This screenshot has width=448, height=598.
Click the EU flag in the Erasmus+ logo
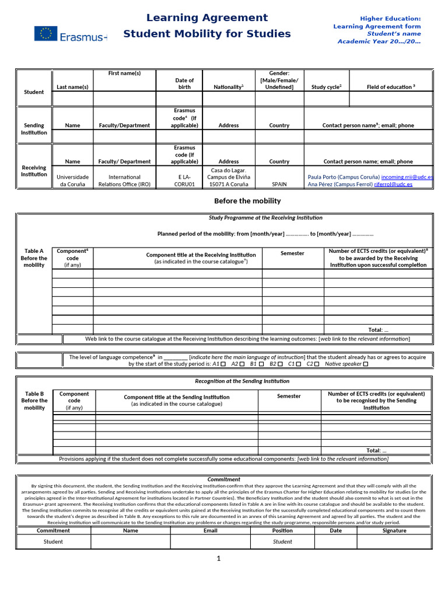(x=45, y=34)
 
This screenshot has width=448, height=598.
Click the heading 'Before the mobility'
(x=247, y=201)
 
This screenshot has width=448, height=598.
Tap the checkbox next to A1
(x=224, y=364)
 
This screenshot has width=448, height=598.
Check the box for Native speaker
(x=366, y=364)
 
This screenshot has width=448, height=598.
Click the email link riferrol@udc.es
(x=393, y=184)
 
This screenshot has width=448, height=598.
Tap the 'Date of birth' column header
(x=184, y=84)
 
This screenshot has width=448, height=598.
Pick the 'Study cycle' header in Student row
(x=326, y=87)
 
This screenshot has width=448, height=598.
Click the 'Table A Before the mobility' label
(x=34, y=258)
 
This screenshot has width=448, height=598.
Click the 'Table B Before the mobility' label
(x=34, y=401)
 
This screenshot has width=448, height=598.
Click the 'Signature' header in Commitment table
(x=394, y=531)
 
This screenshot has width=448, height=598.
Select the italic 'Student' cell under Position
(x=282, y=542)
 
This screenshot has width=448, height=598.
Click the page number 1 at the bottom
(x=219, y=559)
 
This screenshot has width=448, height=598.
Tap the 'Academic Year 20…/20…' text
(x=379, y=41)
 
